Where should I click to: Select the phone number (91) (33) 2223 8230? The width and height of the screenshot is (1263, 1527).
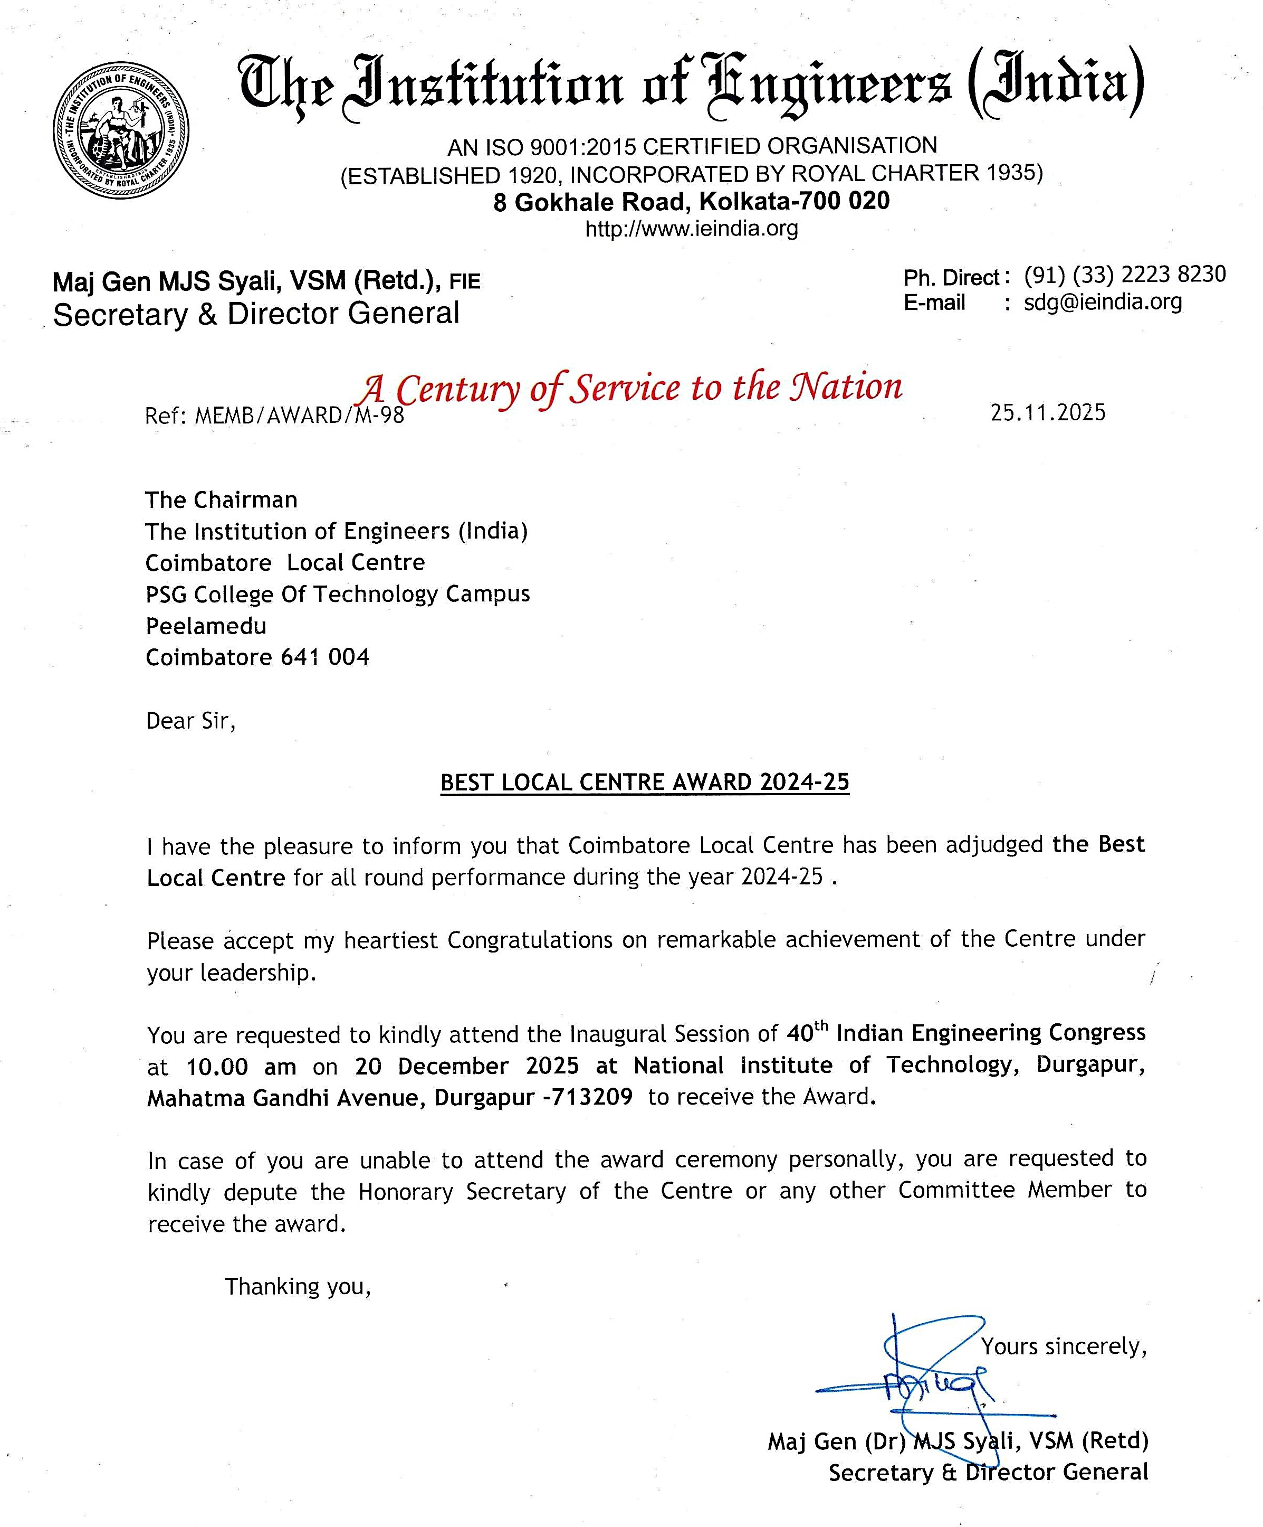1124,275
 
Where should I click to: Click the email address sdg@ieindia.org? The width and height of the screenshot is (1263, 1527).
1103,302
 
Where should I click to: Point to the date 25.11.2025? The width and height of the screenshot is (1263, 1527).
1047,412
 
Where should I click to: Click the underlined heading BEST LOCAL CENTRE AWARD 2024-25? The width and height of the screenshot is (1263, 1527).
645,783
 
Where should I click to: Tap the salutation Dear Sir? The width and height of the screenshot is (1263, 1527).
190,721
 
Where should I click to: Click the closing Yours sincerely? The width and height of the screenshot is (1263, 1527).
1063,1346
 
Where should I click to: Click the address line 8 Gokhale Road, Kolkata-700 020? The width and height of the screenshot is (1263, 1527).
691,201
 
